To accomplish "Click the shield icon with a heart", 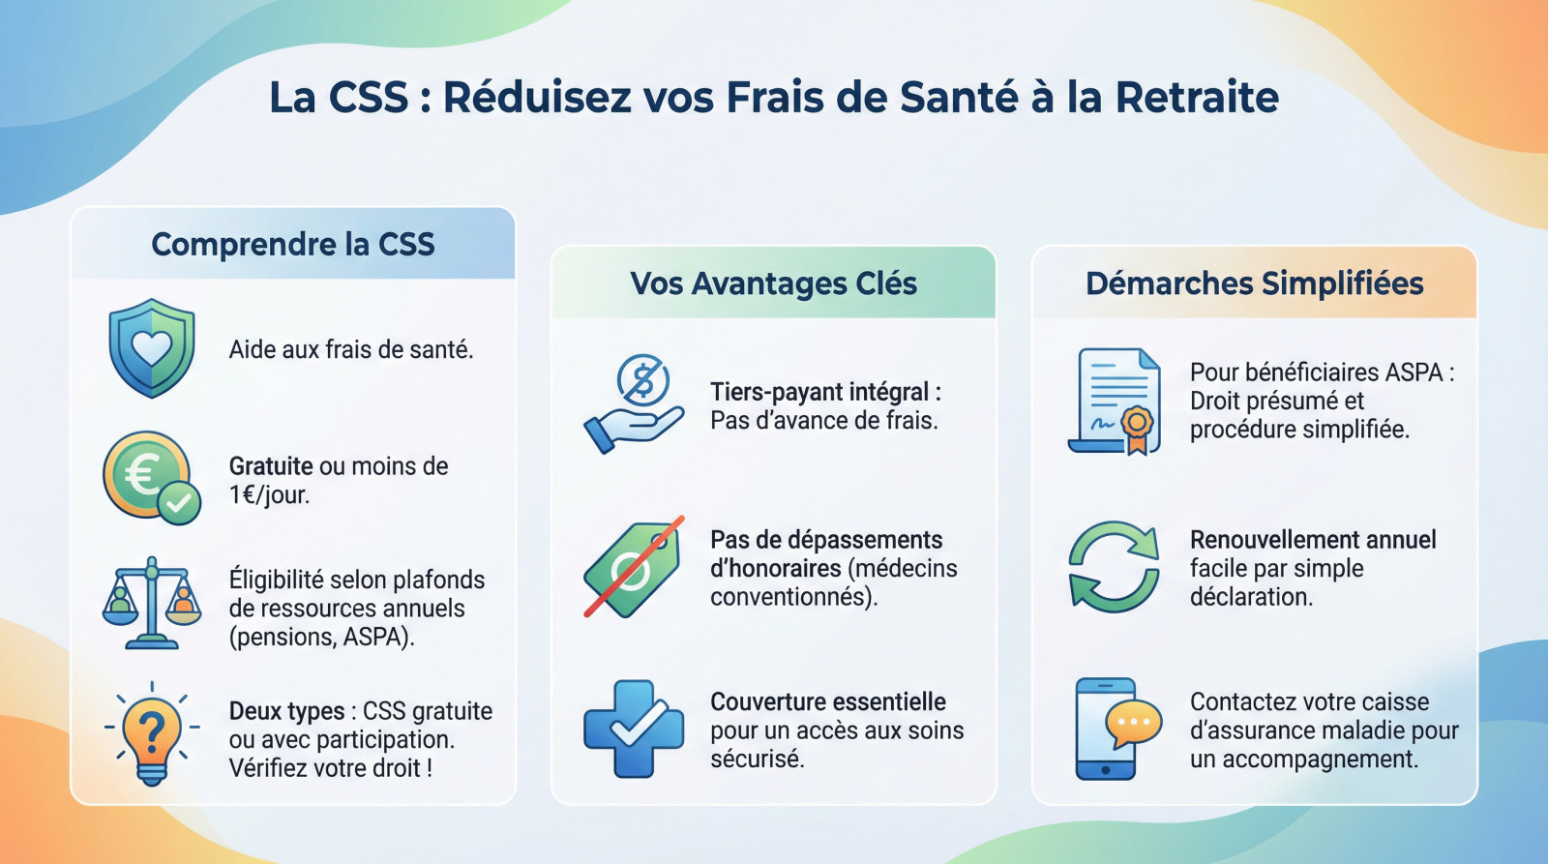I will (152, 347).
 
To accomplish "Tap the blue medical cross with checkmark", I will (633, 729).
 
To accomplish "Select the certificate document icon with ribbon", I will (1115, 401).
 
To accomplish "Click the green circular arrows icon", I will (1114, 567).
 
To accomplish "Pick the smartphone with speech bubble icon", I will (1115, 729).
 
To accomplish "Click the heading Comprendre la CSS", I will (293, 244).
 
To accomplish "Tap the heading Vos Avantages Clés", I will (773, 283).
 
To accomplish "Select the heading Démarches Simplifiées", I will (1254, 283).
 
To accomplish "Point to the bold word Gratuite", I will (271, 466).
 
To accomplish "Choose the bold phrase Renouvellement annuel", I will (1313, 540).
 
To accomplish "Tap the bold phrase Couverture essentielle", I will (827, 701).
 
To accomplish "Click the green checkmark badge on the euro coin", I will (179, 503).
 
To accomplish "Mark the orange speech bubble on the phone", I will (1133, 723).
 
